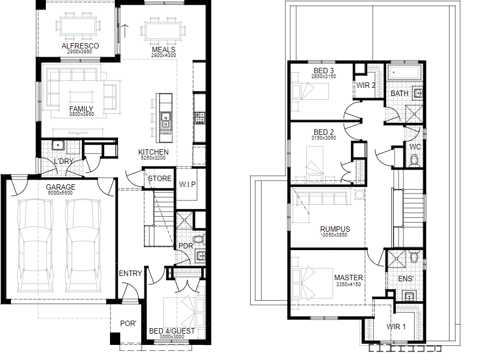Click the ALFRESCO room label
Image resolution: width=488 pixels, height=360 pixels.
pyautogui.click(x=80, y=46)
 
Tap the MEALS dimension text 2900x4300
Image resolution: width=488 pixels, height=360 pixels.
pyautogui.click(x=164, y=56)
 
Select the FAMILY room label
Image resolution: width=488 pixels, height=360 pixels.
pyautogui.click(x=81, y=108)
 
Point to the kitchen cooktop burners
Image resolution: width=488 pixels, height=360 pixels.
pyautogui.click(x=200, y=117)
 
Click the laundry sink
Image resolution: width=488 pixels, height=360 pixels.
pyautogui.click(x=58, y=145)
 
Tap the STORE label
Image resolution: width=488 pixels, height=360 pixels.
pyautogui.click(x=160, y=178)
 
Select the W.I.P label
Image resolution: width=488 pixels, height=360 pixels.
pyautogui.click(x=187, y=184)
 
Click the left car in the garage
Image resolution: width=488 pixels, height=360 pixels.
pyautogui.click(x=35, y=246)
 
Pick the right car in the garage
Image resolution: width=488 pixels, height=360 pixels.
pyautogui.click(x=84, y=246)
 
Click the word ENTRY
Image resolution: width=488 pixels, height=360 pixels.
pyautogui.click(x=130, y=273)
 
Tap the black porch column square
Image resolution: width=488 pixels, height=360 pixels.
pyautogui.click(x=115, y=338)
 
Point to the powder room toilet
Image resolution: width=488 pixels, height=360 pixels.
pyautogui.click(x=198, y=239)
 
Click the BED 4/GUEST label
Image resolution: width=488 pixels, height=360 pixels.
pyautogui.click(x=172, y=331)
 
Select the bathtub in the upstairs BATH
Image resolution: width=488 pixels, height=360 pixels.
pyautogui.click(x=404, y=73)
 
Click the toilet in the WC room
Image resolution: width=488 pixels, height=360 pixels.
pyautogui.click(x=414, y=161)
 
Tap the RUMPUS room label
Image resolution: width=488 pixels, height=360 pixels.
pyautogui.click(x=335, y=229)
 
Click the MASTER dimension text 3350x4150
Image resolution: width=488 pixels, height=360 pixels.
pyautogui.click(x=348, y=285)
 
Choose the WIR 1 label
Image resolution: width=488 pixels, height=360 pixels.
pyautogui.click(x=396, y=327)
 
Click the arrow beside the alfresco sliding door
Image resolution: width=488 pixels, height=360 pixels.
pyautogui.click(x=125, y=31)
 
